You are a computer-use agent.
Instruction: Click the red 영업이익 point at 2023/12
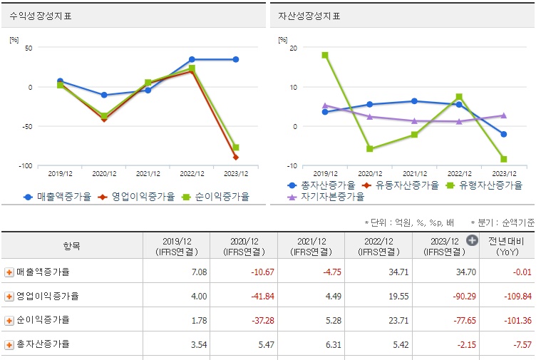click(236, 157)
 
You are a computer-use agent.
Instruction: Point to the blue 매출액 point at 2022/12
click(192, 59)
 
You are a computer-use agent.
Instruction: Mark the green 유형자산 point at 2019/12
click(325, 55)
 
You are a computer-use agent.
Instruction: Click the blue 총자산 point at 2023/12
click(504, 134)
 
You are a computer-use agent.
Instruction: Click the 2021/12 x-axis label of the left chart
click(148, 173)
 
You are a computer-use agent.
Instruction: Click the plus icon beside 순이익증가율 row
click(9, 320)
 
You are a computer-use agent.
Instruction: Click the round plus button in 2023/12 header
click(472, 240)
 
